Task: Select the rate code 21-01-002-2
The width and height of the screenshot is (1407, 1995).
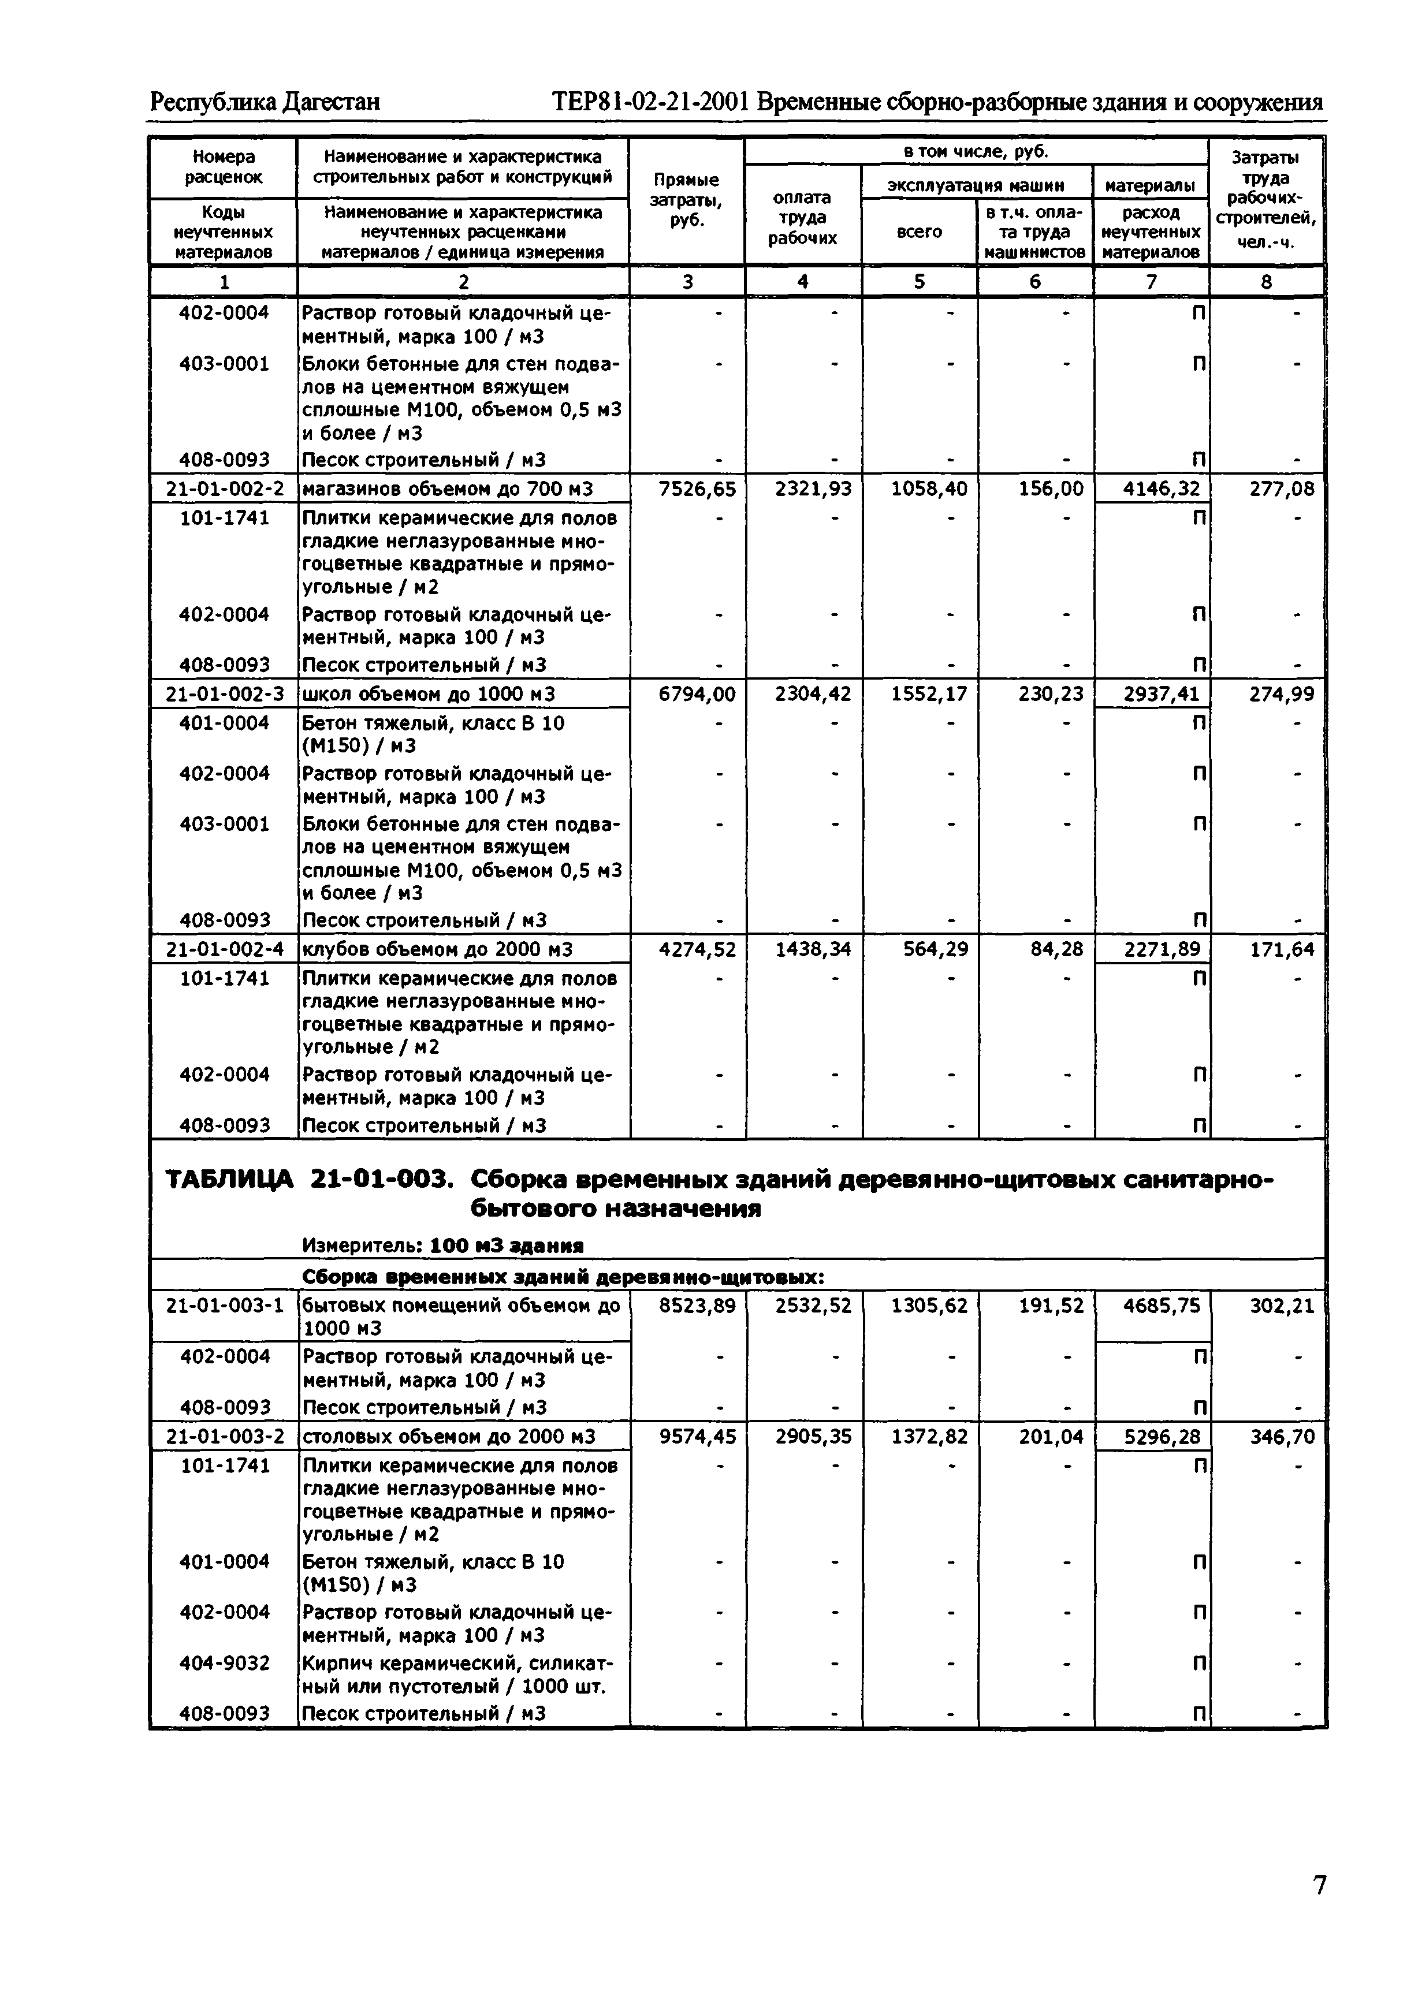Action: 224,489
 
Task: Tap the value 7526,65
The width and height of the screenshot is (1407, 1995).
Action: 697,489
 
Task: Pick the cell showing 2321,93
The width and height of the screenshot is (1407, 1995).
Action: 813,489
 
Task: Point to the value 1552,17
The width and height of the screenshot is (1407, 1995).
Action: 929,694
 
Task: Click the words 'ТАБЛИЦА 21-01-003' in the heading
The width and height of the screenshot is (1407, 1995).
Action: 308,1180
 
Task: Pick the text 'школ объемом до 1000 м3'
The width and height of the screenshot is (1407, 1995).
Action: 429,694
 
